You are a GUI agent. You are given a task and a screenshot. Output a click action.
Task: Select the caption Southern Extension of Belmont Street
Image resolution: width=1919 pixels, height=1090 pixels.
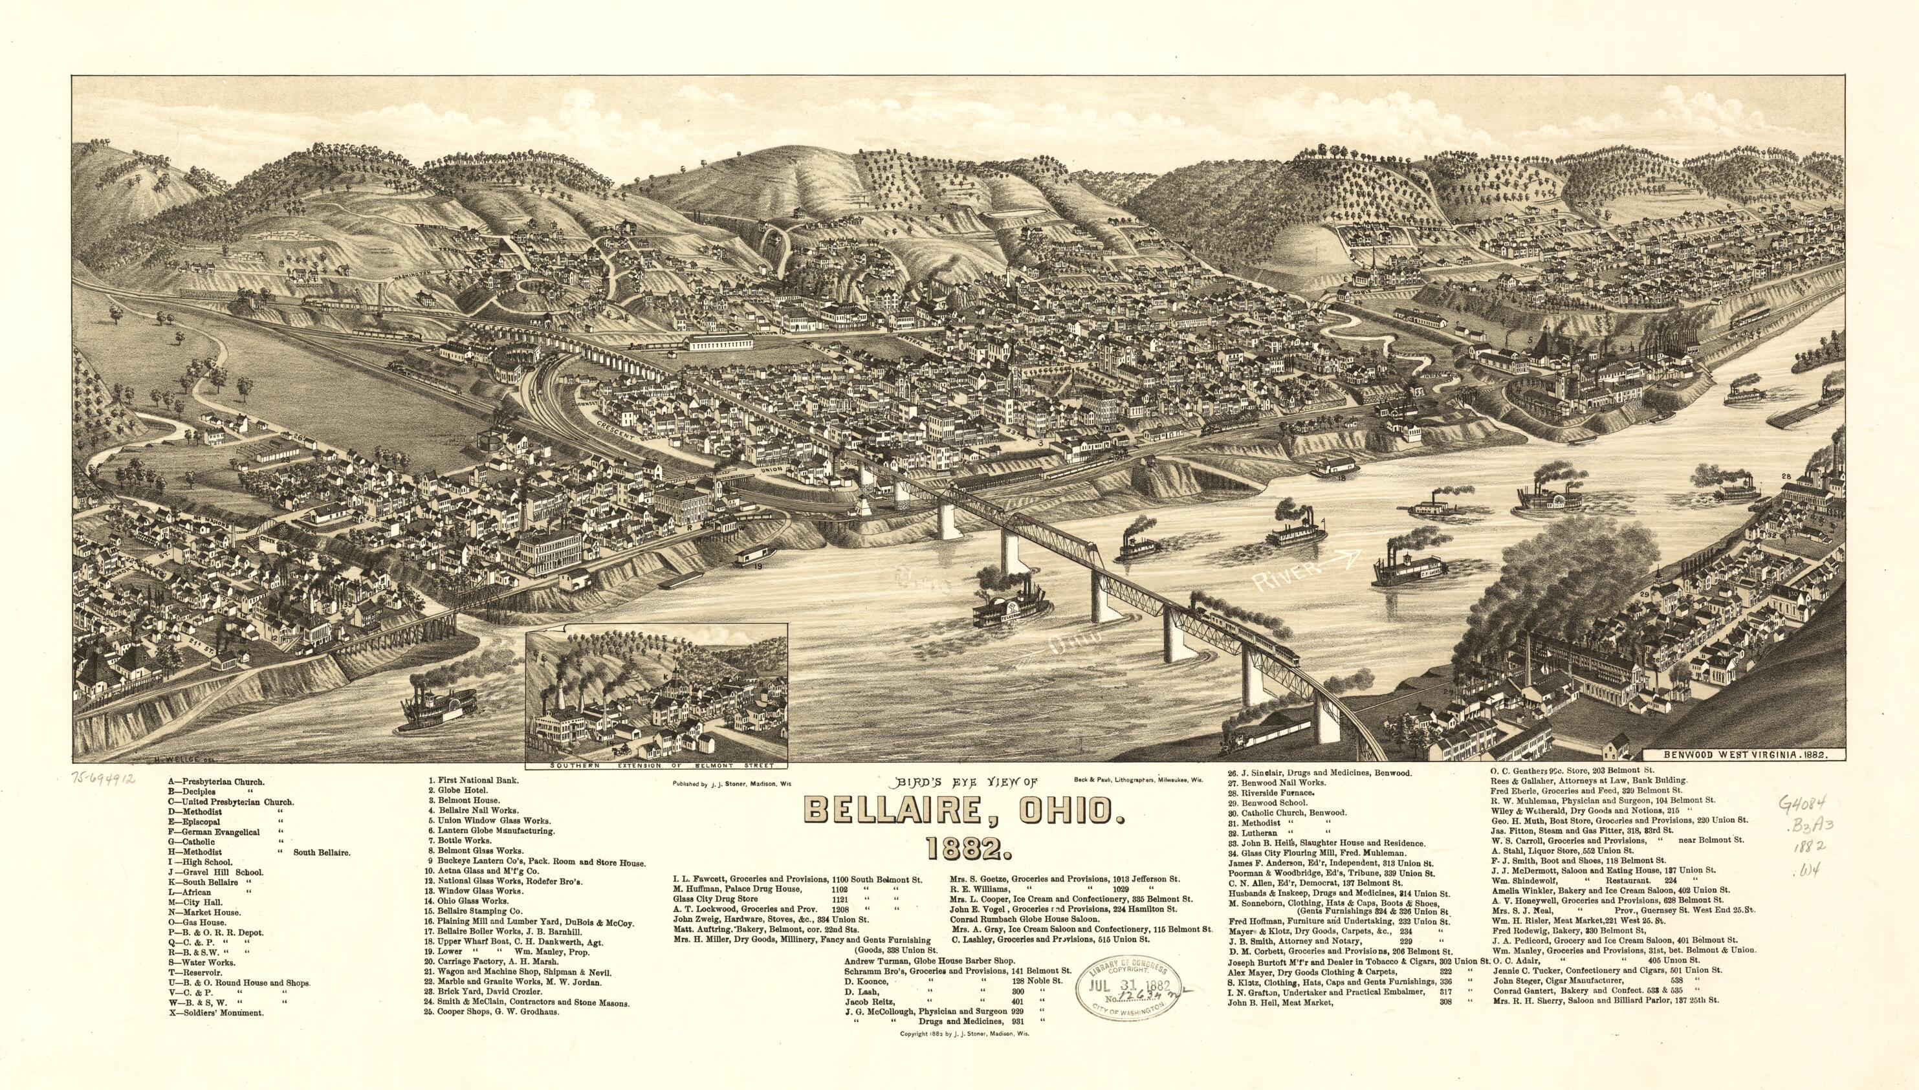pyautogui.click(x=657, y=767)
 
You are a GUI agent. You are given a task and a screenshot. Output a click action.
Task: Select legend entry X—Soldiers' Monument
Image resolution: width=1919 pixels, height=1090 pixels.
pyautogui.click(x=217, y=1012)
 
